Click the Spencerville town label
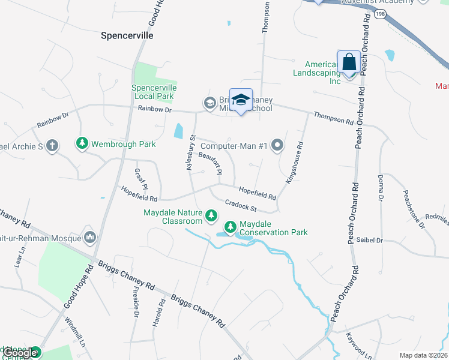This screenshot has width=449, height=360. (x=127, y=35)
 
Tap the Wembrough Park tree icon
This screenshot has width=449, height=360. (x=82, y=143)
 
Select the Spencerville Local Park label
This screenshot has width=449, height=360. (x=152, y=92)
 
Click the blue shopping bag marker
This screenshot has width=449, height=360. (x=349, y=62)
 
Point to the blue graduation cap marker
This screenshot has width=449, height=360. (x=241, y=100)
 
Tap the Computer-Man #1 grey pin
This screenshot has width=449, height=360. (x=277, y=145)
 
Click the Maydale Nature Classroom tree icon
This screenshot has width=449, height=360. (x=211, y=215)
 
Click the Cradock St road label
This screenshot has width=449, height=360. (x=241, y=205)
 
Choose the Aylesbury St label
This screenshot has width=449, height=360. (x=190, y=152)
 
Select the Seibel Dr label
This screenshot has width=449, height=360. (x=370, y=240)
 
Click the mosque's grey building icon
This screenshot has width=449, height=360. (x=90, y=237)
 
